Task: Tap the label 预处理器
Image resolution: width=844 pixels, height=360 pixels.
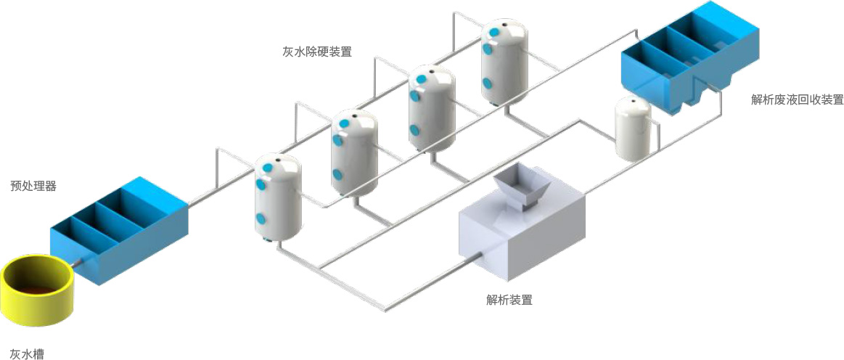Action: pos(33,186)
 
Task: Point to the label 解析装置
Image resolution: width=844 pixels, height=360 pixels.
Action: pos(509,299)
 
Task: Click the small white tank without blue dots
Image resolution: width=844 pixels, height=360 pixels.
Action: pos(633,128)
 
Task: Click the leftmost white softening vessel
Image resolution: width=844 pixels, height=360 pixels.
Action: pos(277,197)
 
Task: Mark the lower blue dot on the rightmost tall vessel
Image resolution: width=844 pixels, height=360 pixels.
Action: pos(487,83)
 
